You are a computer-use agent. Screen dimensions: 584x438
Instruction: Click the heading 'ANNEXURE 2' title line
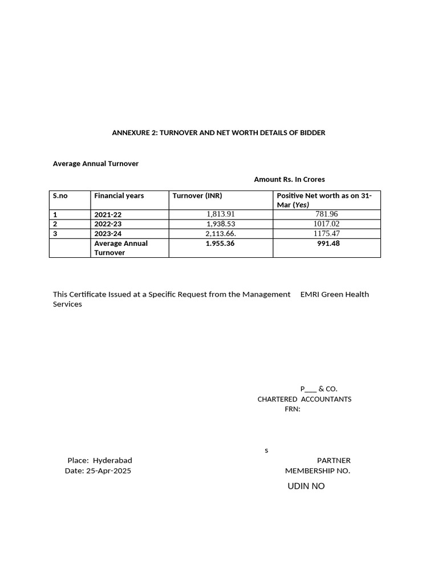click(x=218, y=133)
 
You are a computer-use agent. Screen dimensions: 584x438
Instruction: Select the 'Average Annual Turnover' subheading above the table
click(x=96, y=164)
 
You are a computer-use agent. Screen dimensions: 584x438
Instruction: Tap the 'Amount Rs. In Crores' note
click(x=289, y=180)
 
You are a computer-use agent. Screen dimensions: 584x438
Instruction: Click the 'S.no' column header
click(x=60, y=196)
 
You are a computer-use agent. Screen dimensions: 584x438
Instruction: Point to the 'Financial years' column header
click(x=119, y=196)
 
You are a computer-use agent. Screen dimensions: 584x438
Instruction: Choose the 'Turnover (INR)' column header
click(x=197, y=196)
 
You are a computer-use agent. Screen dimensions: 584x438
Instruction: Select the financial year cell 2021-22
click(x=108, y=215)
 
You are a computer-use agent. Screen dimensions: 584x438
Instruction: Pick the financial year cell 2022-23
click(x=108, y=224)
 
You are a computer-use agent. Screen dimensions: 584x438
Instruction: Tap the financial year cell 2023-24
click(x=108, y=234)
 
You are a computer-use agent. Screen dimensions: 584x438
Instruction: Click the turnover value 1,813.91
click(x=221, y=214)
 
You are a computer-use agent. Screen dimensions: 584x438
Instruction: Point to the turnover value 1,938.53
click(x=221, y=224)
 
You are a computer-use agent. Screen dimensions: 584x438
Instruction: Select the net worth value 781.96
click(x=326, y=214)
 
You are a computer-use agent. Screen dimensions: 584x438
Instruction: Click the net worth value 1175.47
click(x=326, y=234)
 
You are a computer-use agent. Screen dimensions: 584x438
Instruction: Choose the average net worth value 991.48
click(x=328, y=244)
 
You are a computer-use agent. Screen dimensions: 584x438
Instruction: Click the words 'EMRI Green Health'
click(x=334, y=294)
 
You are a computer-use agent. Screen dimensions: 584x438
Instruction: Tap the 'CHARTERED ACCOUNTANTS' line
click(x=304, y=399)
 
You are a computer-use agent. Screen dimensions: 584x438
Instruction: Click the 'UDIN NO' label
click(x=306, y=486)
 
